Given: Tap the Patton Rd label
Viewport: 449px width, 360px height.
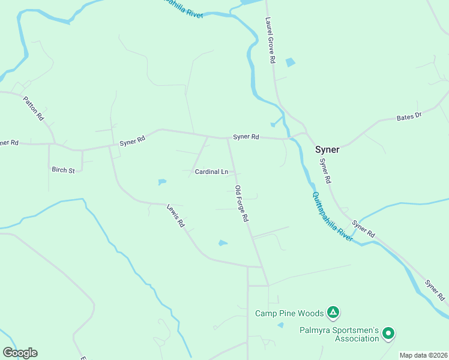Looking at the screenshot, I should [34, 109].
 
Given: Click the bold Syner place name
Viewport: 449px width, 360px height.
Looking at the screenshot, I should [328, 149].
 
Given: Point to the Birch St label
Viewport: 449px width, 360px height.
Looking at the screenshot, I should [63, 170].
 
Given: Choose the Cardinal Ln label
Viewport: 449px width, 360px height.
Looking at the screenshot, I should [211, 172].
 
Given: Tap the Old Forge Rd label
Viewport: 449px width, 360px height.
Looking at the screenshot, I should [241, 204].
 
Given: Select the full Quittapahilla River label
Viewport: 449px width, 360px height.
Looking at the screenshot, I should [332, 217].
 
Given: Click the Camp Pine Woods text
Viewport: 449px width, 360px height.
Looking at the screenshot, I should [290, 313].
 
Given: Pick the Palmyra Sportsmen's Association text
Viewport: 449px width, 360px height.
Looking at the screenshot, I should [340, 334].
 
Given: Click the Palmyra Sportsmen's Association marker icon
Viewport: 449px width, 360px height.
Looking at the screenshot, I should [388, 332].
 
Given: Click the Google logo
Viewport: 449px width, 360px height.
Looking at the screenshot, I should [20, 352].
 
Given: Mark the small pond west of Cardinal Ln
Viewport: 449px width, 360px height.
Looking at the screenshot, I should [162, 182].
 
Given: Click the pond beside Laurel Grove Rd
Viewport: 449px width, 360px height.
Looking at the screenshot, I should [291, 62].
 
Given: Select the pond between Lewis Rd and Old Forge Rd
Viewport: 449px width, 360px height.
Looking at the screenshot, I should [223, 243].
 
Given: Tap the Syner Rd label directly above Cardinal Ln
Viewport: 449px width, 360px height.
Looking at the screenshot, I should [246, 137].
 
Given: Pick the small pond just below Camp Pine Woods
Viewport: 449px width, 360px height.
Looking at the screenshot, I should [280, 325].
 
